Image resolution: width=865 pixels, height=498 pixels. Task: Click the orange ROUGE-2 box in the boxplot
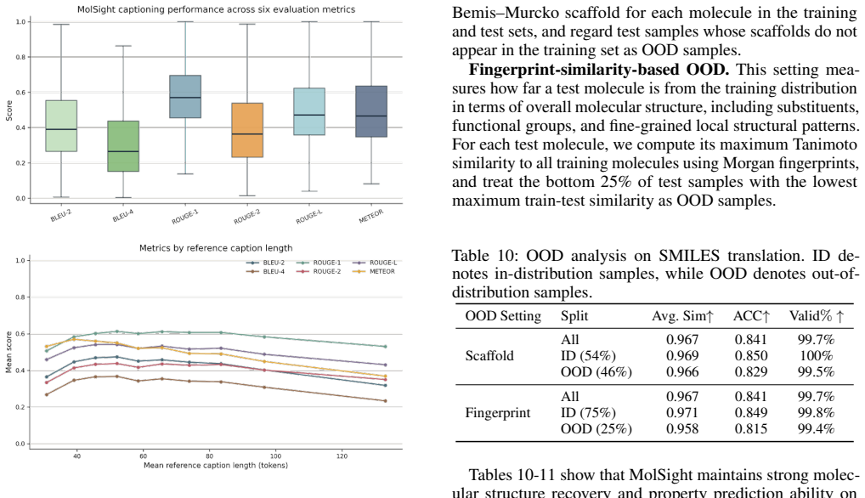coord(247,130)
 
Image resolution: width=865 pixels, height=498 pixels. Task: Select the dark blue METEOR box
coord(371,111)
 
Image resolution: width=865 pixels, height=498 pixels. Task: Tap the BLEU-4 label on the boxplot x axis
coord(123,216)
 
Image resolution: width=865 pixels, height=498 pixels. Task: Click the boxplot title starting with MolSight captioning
coord(216,9)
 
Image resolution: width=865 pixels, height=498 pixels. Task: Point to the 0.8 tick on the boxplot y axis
coord(20,57)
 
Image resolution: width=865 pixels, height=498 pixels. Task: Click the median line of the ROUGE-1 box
coord(185,98)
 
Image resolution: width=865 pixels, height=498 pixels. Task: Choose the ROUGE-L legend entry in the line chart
coord(376,263)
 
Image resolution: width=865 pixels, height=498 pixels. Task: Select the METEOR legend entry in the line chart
coord(375,271)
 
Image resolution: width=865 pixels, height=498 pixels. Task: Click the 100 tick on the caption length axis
coord(275,456)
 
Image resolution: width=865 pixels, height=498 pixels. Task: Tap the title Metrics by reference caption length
coord(216,248)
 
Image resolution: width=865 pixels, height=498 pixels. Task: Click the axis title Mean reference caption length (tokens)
coord(216,466)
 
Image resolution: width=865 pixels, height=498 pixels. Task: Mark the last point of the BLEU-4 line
coord(385,401)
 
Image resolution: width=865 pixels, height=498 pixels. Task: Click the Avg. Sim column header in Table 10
coord(683,316)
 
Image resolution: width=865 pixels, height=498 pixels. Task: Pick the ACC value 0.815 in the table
coord(751,428)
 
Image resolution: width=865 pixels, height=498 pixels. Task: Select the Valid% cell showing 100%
coord(816,356)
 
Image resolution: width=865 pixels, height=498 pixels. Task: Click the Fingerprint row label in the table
coord(498,412)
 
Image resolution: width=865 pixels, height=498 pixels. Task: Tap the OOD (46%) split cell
coord(596,371)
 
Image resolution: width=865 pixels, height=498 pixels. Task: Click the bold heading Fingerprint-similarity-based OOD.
coord(599,70)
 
